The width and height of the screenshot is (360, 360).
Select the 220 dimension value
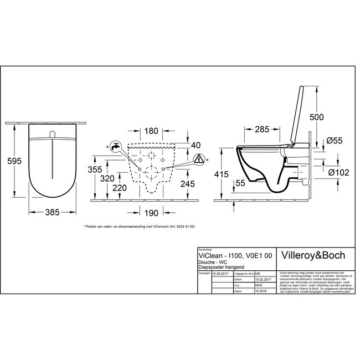click(x=123, y=188)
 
